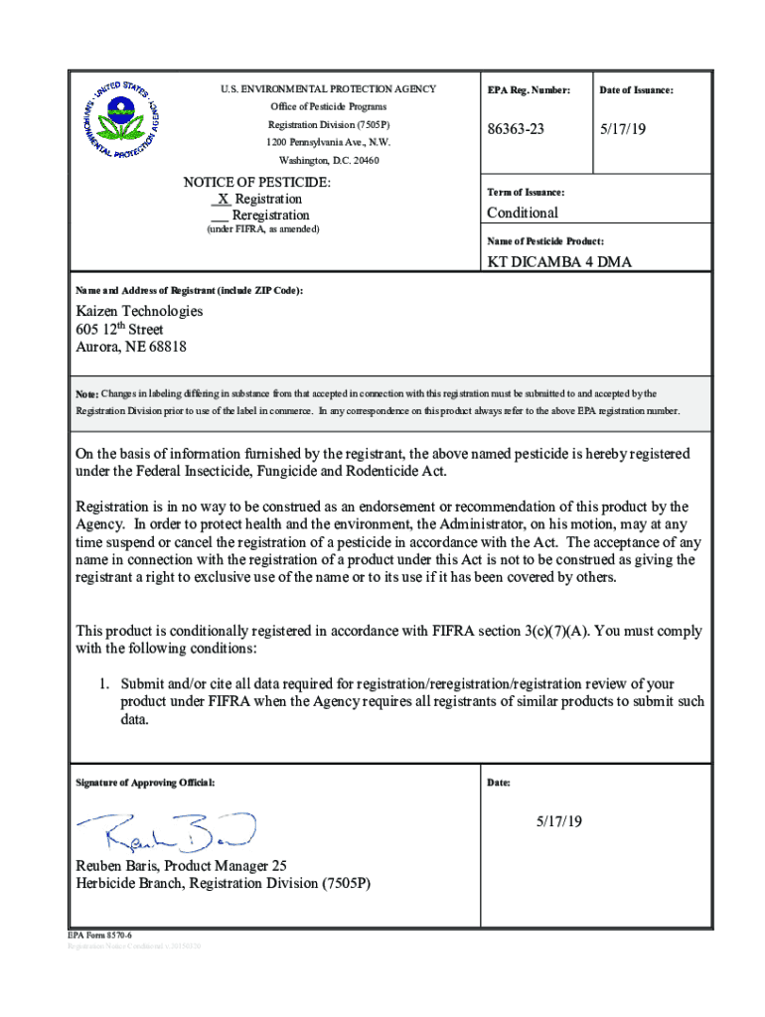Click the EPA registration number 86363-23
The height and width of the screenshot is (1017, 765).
pyautogui.click(x=516, y=129)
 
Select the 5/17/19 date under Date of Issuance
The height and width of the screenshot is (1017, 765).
pyautogui.click(x=620, y=129)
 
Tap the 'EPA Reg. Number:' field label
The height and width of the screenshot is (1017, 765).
pyautogui.click(x=529, y=90)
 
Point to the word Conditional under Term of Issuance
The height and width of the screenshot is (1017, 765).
pyautogui.click(x=522, y=213)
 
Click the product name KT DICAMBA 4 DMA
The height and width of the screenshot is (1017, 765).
pyautogui.click(x=558, y=262)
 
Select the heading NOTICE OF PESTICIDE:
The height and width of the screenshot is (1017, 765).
pyautogui.click(x=257, y=183)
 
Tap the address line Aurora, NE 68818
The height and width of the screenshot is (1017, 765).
pyautogui.click(x=131, y=348)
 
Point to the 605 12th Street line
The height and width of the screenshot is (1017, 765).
pyautogui.click(x=120, y=330)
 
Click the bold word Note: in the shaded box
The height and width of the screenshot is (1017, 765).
pyautogui.click(x=86, y=394)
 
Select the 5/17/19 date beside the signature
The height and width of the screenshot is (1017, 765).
pyautogui.click(x=559, y=821)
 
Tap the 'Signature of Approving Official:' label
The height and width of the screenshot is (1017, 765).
pyautogui.click(x=145, y=783)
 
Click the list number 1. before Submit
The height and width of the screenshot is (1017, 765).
pyautogui.click(x=102, y=684)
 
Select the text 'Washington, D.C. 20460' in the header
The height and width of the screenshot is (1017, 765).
pyautogui.click(x=329, y=160)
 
